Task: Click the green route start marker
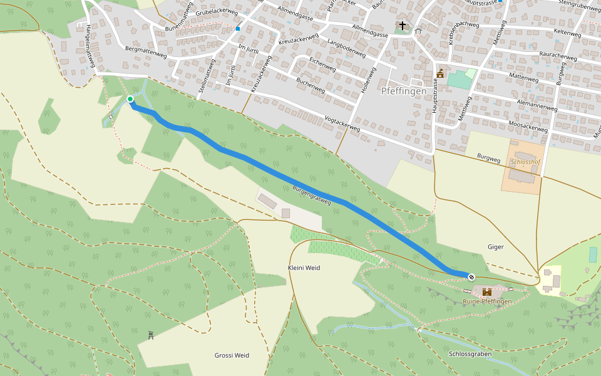[x=130, y=99]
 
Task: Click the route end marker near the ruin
[x=471, y=277]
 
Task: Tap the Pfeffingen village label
[x=404, y=91]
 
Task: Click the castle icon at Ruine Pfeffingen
[x=487, y=291]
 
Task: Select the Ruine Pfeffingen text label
[x=487, y=302]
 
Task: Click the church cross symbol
[x=402, y=26]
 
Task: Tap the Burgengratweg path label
[x=311, y=196]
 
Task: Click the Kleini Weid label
[x=304, y=268]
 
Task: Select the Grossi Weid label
[x=232, y=355]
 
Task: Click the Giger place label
[x=495, y=247]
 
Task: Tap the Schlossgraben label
[x=470, y=354]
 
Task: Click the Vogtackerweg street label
[x=342, y=123]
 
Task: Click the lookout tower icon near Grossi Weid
[x=151, y=335]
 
